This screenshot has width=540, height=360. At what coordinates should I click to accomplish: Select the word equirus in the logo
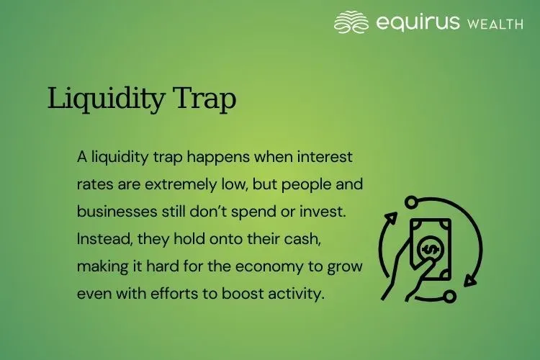click(x=417, y=22)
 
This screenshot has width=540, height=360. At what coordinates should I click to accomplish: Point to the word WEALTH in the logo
click(x=495, y=24)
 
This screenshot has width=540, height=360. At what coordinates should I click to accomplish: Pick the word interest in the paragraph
click(x=325, y=156)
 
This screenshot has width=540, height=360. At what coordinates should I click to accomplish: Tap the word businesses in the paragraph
click(x=112, y=211)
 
